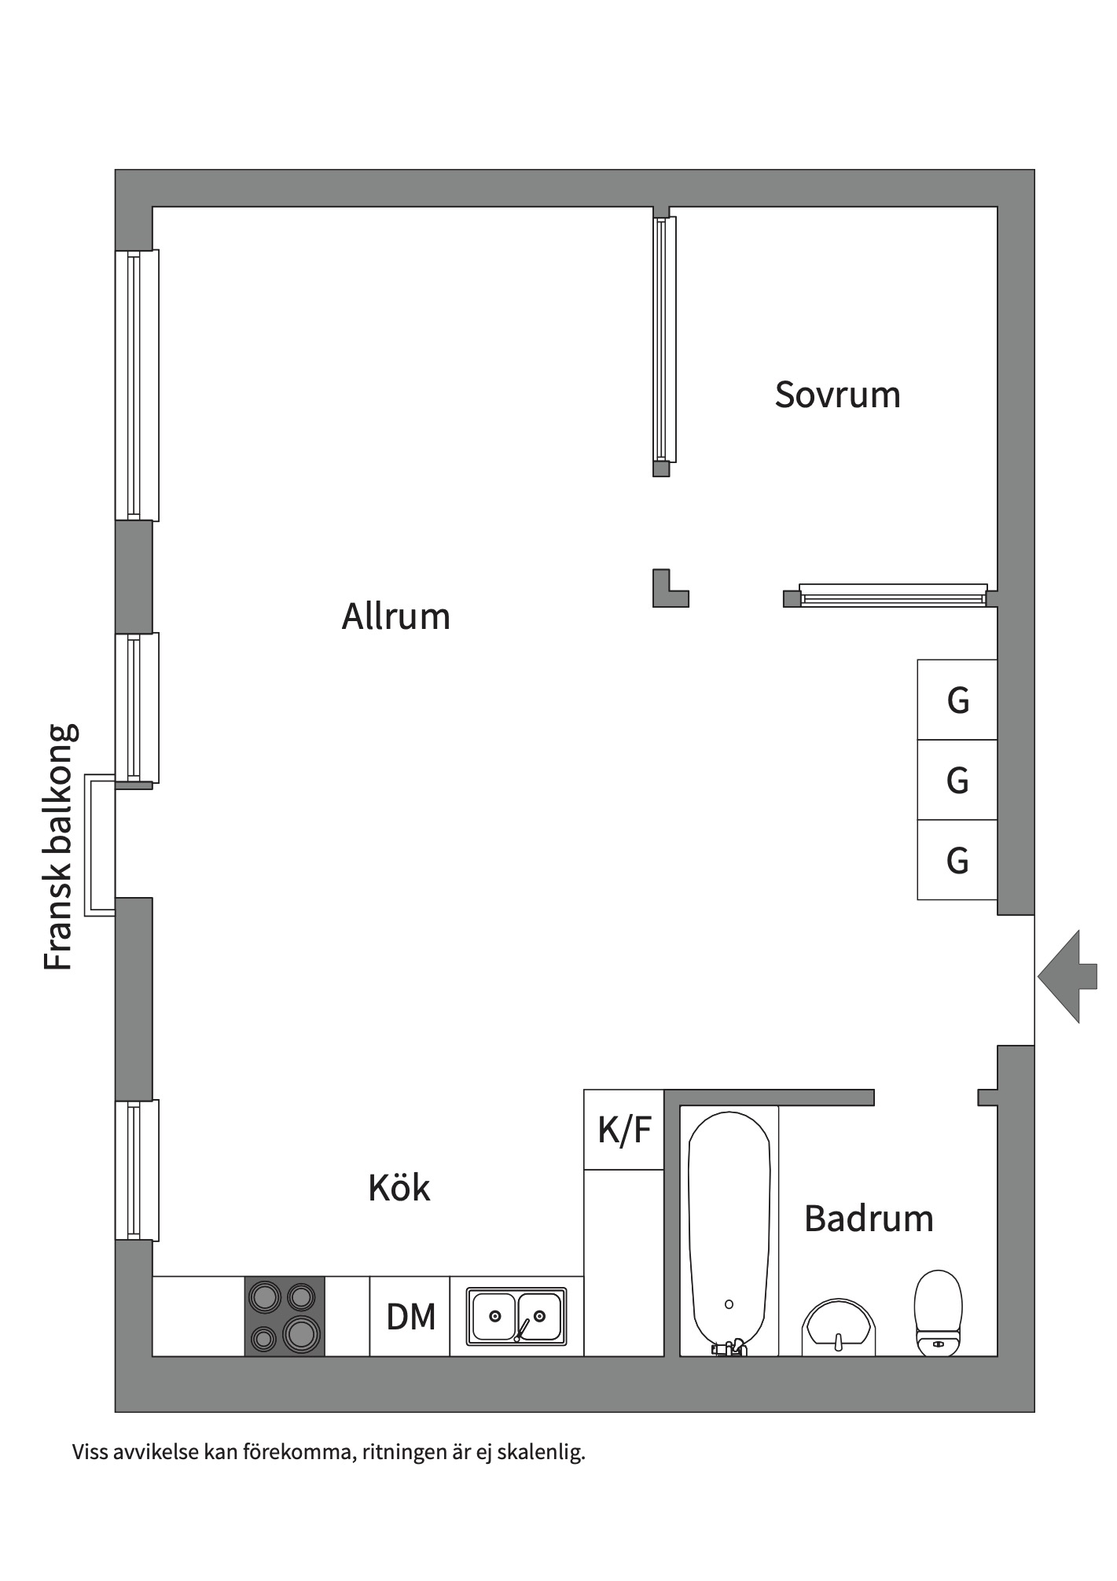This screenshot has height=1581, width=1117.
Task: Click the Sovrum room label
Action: point(837,395)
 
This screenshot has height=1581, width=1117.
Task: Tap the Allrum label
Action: point(395,616)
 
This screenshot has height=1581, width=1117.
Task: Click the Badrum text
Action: point(869,1218)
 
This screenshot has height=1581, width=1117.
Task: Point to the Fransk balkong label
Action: point(60,847)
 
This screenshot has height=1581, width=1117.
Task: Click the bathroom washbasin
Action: point(838,1329)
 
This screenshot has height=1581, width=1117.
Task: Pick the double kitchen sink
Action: point(516,1315)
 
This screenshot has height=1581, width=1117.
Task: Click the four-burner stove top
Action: point(285,1316)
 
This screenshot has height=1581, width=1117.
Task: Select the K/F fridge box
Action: point(624,1130)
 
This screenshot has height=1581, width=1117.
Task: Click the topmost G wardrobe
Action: point(957,700)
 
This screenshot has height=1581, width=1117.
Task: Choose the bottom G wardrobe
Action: point(957,860)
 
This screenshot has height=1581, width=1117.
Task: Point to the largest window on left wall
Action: point(137,384)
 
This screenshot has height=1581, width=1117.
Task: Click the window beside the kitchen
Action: point(137,1170)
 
